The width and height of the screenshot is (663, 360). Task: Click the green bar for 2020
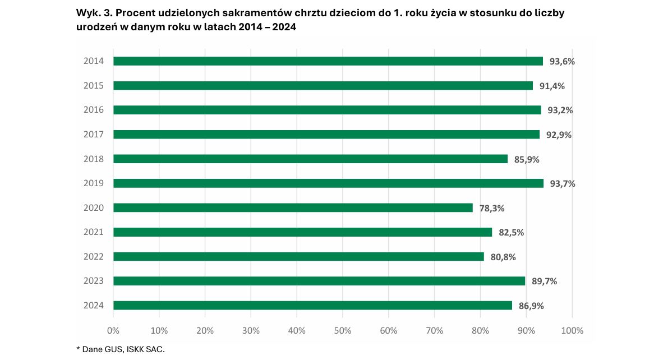pos(293,207)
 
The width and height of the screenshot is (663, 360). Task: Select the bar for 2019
pos(328,183)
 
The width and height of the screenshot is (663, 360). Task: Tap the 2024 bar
pos(312,306)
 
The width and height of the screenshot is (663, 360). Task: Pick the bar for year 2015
pos(323,86)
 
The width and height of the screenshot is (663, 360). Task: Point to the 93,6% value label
pos(562,62)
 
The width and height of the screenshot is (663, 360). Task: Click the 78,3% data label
pos(492,208)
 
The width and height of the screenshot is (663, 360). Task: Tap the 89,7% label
pos(544,281)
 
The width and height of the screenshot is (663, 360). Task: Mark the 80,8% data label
pos(503,257)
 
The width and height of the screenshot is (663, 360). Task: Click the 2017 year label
pos(94,135)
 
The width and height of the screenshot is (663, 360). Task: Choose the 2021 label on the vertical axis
pos(94,232)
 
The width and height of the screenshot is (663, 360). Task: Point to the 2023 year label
pos(94,281)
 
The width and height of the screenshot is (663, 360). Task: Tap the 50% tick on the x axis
pos(343,331)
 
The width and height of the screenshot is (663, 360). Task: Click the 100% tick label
pos(572,331)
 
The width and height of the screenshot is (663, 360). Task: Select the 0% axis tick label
pos(113,331)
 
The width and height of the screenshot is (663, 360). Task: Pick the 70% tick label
pos(435,331)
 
